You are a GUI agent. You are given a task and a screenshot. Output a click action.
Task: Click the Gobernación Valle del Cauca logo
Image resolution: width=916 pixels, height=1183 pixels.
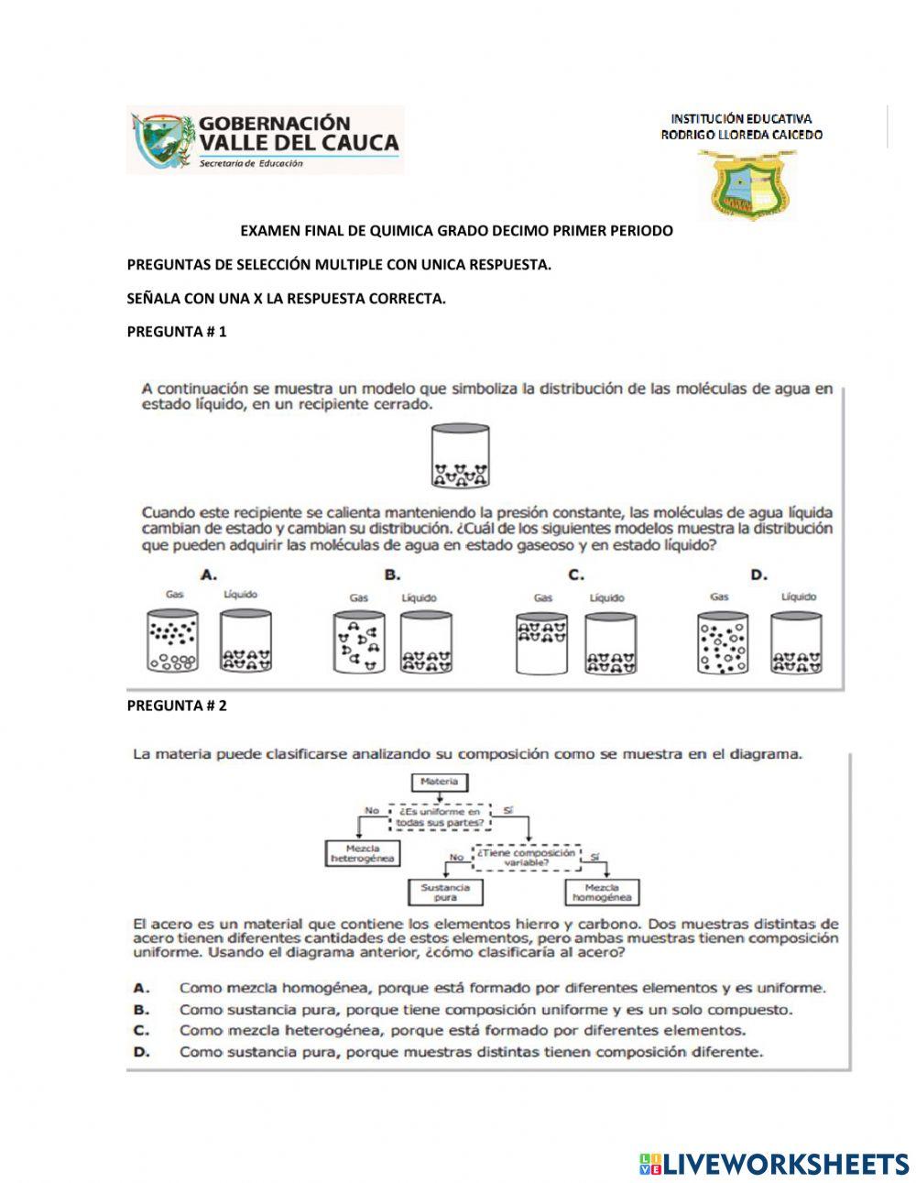pos(265,139)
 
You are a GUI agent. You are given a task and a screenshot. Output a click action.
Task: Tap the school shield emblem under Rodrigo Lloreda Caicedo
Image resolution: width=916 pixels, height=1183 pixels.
pos(747,186)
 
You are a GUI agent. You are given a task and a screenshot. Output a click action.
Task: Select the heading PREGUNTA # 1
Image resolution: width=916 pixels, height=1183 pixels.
pos(176,332)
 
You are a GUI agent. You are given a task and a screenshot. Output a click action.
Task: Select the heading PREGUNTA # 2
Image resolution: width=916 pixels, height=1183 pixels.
pos(176,705)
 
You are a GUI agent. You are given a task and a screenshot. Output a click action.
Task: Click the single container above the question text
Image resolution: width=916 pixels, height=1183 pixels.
pos(460,455)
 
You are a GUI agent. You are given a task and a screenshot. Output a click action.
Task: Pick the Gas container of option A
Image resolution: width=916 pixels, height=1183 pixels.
pos(171,642)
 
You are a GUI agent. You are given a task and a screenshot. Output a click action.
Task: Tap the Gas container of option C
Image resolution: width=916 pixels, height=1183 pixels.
pos(541,642)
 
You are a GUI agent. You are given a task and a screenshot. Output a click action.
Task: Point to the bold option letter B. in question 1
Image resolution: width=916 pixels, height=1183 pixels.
pos(393,575)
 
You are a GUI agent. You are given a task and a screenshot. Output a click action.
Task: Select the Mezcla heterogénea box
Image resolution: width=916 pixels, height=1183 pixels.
pos(362,853)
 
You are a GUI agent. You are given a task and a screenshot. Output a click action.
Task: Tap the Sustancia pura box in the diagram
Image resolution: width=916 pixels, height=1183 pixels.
pos(444,892)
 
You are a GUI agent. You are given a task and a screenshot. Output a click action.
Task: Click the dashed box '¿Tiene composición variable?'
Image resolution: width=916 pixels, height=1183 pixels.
pos(527,857)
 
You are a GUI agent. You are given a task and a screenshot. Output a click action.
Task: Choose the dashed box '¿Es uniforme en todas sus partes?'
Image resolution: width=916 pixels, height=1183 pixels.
pos(441,816)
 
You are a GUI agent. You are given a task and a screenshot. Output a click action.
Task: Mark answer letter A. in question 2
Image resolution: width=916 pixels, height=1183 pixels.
pos(141,988)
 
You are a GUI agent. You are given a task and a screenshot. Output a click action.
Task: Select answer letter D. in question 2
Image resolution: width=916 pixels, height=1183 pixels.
pos(141,1052)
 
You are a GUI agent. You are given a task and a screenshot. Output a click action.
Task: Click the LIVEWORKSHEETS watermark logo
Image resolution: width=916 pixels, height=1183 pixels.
pos(774,1164)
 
